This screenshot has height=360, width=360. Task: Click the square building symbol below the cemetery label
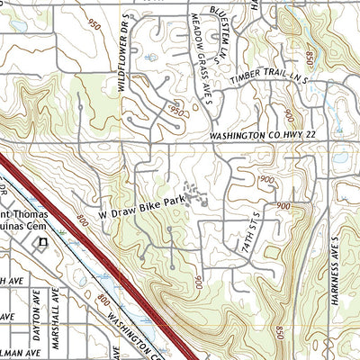(40, 243)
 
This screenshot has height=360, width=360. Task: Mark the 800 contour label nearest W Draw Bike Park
(83, 219)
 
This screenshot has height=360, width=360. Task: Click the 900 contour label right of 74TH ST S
(283, 207)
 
